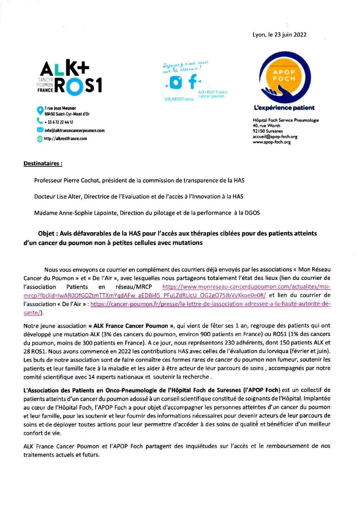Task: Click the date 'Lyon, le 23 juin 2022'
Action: tap(279, 35)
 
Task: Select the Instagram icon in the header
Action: tap(176, 82)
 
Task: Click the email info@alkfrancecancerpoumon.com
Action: tap(74, 130)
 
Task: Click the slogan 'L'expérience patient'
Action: tap(284, 108)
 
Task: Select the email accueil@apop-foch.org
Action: tap(275, 137)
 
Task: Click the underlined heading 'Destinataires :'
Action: tap(43, 164)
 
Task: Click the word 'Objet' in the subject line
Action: tap(46, 234)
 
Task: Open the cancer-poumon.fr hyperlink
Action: tap(210, 304)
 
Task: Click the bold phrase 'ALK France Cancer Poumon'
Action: tap(131, 326)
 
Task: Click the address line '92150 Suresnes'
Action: tap(267, 131)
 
